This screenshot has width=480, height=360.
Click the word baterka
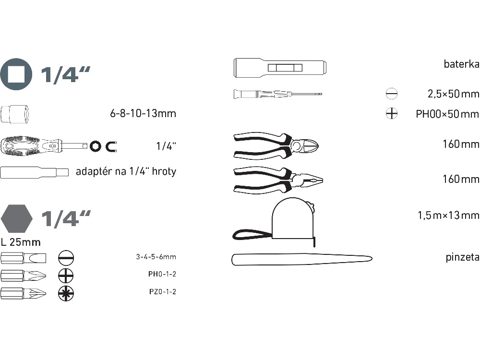tap(462, 64)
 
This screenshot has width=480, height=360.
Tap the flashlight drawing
tap(280, 67)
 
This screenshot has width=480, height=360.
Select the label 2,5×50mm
tap(454, 94)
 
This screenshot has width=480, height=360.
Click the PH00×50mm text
tap(447, 114)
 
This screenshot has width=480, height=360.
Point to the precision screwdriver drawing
tap(277, 94)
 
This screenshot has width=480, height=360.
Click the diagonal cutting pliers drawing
tap(276, 145)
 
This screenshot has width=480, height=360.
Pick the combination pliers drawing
tap(278, 180)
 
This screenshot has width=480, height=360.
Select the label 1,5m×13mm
tap(448, 215)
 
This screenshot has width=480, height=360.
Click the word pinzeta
tap(463, 257)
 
